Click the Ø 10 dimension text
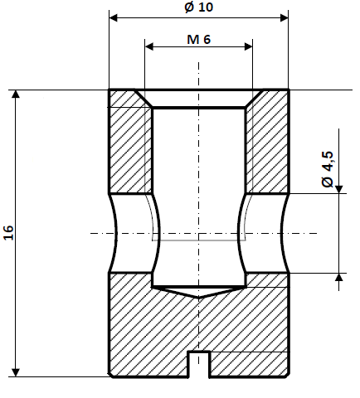pos(199,7)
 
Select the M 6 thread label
pos(198,39)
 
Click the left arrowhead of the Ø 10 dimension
pos(114,17)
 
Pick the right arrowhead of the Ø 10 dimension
pos(284,17)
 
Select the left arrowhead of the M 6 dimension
pos(149,48)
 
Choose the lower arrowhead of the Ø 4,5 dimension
pos(338,278)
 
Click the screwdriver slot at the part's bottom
pos(199,364)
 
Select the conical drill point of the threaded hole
pos(199,292)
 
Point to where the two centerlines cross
pos(199,233)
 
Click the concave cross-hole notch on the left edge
pos(116,233)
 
